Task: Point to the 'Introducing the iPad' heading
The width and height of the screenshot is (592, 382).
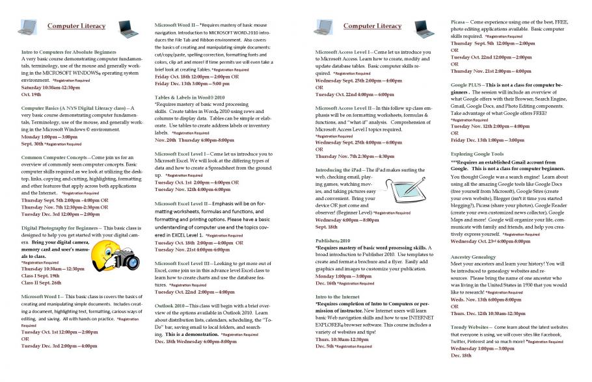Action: pyautogui.click(x=343, y=169)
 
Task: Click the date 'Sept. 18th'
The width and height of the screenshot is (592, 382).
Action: pyautogui.click(x=327, y=227)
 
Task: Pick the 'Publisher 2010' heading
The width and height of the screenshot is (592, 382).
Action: pyautogui.click(x=332, y=239)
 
